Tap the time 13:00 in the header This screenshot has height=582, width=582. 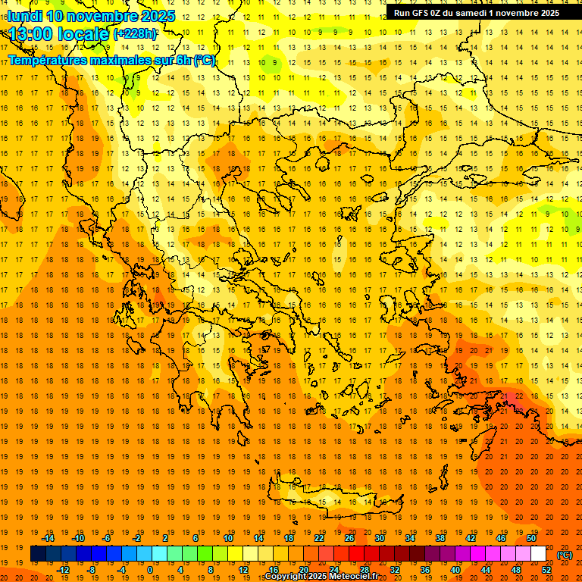[30, 34]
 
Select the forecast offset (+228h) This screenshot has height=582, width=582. [135, 35]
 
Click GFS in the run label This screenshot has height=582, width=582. [424, 12]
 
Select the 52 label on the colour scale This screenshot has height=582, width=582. [546, 570]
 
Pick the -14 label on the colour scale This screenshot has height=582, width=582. [48, 538]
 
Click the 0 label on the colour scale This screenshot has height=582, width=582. [149, 570]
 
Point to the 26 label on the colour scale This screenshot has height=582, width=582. [349, 538]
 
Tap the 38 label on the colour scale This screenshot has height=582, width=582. [440, 538]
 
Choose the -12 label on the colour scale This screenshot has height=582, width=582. [63, 570]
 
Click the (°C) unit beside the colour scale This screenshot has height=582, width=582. [565, 555]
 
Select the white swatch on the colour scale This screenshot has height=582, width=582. [538, 554]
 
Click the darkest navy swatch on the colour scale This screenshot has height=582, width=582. [38, 554]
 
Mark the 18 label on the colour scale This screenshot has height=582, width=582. [289, 538]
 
